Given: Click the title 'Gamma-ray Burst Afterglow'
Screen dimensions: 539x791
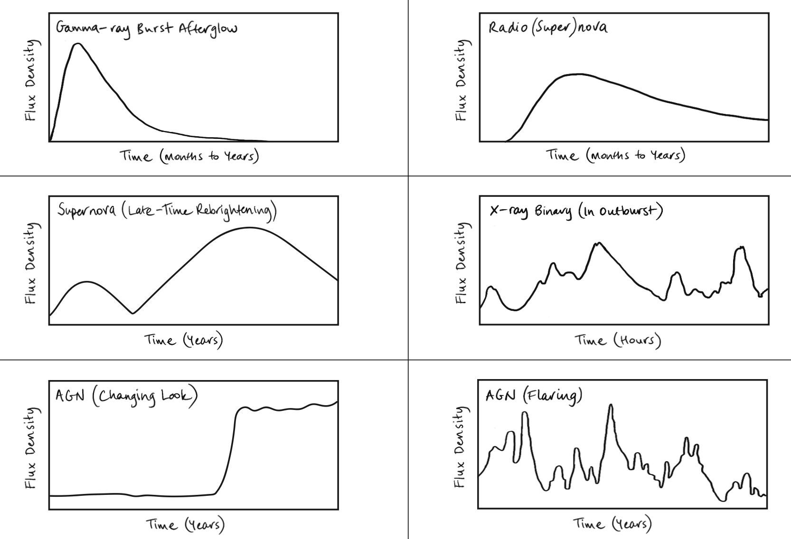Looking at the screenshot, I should coord(146,28).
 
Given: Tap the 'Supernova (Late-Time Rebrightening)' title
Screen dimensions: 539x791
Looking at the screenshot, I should coord(167,212).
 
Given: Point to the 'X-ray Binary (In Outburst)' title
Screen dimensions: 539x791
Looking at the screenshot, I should coord(576,211).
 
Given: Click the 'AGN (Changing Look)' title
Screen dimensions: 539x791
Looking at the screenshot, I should coord(126,396).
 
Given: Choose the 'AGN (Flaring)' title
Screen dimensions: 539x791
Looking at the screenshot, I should coord(533,396).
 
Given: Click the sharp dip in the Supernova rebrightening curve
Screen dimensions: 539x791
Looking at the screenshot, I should coord(133,313).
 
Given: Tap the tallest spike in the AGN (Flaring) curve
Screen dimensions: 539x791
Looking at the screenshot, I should coord(611,405).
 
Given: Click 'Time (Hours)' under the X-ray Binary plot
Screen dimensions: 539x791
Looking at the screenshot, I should coord(618,340).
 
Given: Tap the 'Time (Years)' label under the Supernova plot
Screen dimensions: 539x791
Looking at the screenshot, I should coord(184,340).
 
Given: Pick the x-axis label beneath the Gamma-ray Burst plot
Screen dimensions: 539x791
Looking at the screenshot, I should coord(189,156).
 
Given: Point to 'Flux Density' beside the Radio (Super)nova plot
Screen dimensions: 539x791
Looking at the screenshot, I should coord(461,80).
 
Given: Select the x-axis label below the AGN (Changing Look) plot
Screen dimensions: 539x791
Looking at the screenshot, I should coord(185,524).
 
